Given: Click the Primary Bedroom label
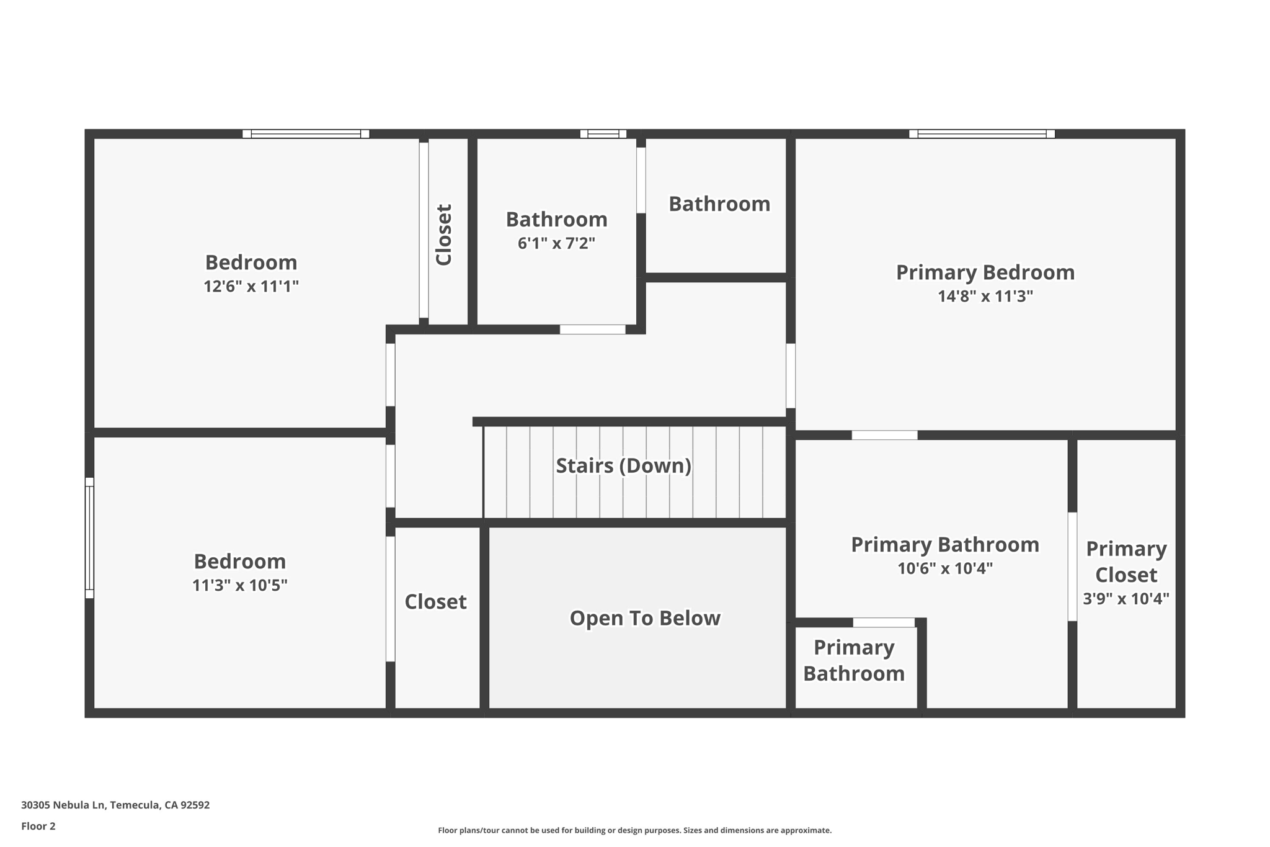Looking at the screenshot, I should (x=985, y=272).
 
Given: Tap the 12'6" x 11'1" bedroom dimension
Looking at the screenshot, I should (x=251, y=287).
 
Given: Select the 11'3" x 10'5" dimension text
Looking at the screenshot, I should (x=240, y=586).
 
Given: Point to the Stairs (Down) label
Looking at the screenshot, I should (x=623, y=465).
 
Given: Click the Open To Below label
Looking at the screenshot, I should (x=645, y=618).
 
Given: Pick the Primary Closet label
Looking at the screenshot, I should (x=1126, y=562).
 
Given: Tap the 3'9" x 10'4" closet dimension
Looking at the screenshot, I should (x=1126, y=599).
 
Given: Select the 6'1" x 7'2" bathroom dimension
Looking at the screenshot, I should (x=556, y=243).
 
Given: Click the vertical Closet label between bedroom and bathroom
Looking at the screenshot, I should (x=444, y=235).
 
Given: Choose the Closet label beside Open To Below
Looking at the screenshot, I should (x=435, y=602).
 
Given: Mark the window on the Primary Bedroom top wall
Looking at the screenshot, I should (x=982, y=133).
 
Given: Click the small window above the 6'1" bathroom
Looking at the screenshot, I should (x=603, y=133).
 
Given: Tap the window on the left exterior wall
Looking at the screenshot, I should (x=89, y=537).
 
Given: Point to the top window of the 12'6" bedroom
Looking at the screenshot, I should (x=306, y=133).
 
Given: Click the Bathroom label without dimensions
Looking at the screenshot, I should (x=719, y=204).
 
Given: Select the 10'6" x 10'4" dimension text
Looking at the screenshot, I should (x=945, y=568).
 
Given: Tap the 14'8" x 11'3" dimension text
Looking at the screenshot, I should (x=985, y=297).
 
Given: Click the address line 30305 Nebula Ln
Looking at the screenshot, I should (x=115, y=805).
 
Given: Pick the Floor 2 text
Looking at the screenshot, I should (x=38, y=826).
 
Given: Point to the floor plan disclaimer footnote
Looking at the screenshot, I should (x=634, y=830).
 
